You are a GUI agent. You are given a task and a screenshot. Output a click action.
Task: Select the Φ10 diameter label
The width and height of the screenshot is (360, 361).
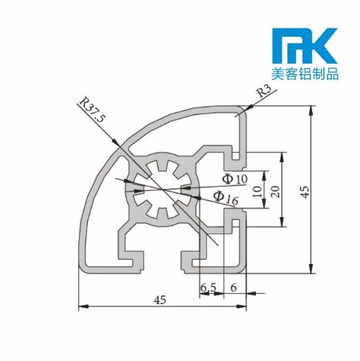(235, 179)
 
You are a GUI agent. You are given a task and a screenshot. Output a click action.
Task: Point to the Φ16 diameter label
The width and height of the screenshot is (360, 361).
(226, 198)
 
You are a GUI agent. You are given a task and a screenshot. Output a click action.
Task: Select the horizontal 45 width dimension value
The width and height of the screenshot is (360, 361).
(161, 299)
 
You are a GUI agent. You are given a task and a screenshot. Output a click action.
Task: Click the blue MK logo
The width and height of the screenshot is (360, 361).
(304, 47)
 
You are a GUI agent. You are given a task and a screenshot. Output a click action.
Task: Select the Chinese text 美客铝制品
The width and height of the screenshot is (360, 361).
(304, 74)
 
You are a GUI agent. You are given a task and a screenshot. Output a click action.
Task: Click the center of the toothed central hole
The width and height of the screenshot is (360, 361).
(160, 188)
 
